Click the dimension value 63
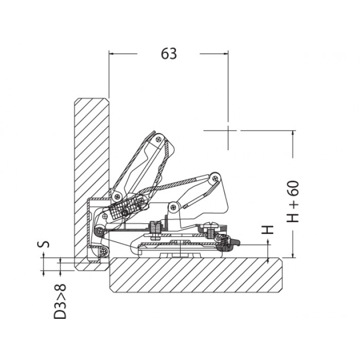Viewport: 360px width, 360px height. pyautogui.click(x=169, y=53)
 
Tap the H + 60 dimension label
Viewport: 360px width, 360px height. pyautogui.click(x=293, y=202)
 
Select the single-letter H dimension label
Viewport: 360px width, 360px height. pyautogui.click(x=268, y=229)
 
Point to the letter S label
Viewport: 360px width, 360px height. pyautogui.click(x=43, y=244)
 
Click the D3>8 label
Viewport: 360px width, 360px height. pyautogui.click(x=60, y=301)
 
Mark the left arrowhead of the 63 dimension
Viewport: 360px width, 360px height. pyautogui.click(x=112, y=53)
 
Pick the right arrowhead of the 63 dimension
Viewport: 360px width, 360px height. pyautogui.click(x=225, y=53)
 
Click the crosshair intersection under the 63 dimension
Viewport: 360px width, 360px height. pyautogui.click(x=228, y=131)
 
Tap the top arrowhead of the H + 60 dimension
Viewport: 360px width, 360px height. pyautogui.click(x=293, y=133)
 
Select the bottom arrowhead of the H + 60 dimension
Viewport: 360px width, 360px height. pyautogui.click(x=293, y=255)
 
